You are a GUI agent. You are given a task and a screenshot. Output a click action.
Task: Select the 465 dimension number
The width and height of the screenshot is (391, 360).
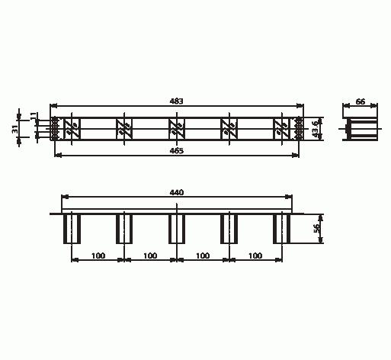point(177,150)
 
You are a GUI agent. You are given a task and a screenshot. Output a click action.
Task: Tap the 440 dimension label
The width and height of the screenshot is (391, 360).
point(177,194)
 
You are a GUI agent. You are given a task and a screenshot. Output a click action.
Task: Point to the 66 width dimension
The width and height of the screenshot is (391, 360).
point(361,101)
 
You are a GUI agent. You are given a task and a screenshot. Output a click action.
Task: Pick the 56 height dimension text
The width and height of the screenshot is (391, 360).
point(317,228)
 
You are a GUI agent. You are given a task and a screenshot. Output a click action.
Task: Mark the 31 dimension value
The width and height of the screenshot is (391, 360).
point(15,129)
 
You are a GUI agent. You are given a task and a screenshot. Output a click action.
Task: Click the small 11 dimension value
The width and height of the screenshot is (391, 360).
point(33,116)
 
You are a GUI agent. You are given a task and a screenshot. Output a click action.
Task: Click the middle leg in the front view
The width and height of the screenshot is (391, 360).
point(177,228)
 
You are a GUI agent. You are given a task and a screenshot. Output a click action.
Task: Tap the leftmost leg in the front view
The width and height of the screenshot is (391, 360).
point(72,228)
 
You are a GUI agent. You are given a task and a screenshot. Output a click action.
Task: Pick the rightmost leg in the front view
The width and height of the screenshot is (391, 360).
point(282,228)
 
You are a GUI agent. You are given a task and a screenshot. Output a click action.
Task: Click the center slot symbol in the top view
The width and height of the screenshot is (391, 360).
point(176,128)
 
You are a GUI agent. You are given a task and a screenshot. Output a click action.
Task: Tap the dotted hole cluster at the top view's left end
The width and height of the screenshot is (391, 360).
point(55,128)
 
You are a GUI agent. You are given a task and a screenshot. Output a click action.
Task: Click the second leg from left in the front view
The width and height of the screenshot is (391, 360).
point(124,228)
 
